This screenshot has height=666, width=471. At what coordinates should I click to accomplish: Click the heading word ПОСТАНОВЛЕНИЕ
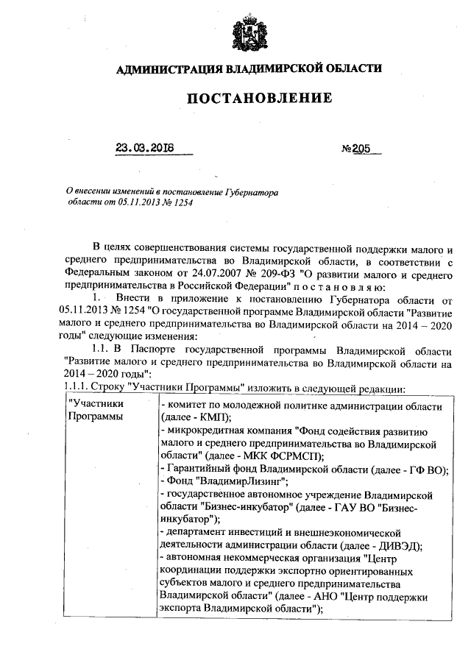pos(249,98)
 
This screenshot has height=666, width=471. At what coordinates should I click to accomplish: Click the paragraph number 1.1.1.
pos(77,389)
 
